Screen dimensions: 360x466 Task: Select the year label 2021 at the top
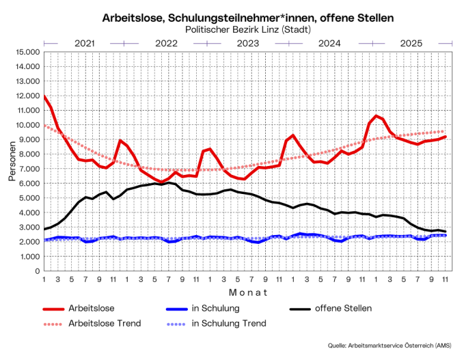coord(84,43)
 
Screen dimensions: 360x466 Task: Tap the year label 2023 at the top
coord(248,43)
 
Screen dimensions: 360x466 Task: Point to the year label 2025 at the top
coord(411,43)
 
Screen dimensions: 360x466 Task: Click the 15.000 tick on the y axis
coord(26,52)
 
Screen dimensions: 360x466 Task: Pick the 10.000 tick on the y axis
coord(26,125)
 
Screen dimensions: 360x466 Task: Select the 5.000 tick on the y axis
coord(28,198)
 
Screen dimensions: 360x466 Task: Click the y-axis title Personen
coord(12,162)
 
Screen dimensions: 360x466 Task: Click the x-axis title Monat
coord(247,292)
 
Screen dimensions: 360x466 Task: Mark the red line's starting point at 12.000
coord(44,96)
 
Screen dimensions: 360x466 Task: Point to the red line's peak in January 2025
coord(376,115)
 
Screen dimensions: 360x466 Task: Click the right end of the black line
coord(446,232)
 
